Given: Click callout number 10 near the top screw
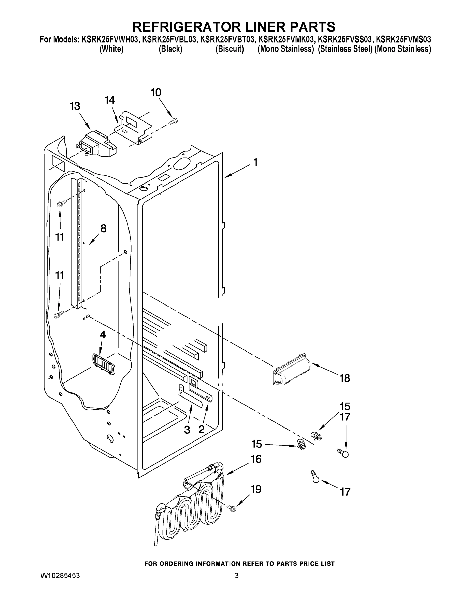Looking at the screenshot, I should click(x=156, y=93).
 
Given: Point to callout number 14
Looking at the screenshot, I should click(x=110, y=100).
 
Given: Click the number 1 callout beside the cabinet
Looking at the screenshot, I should click(x=255, y=162).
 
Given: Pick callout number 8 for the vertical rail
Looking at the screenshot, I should click(x=103, y=228).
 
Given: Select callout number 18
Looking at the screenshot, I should click(x=345, y=378).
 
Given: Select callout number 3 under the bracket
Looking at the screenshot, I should click(x=187, y=430).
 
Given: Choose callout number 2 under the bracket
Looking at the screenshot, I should click(x=201, y=430).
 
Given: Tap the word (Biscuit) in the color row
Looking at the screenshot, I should click(x=230, y=49).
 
